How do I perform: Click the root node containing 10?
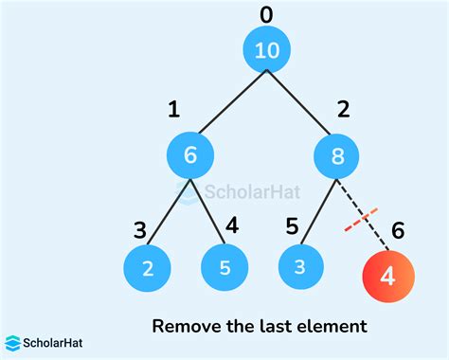tap(267, 51)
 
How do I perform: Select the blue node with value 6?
tap(189, 155)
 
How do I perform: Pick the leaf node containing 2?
tap(147, 268)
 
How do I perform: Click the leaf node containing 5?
tap(224, 268)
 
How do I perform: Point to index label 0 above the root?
tap(266, 13)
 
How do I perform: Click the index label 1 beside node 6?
tap(173, 111)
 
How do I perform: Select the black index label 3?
tap(139, 230)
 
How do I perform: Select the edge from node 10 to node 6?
tap(227, 104)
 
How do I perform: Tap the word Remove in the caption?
tap(184, 327)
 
